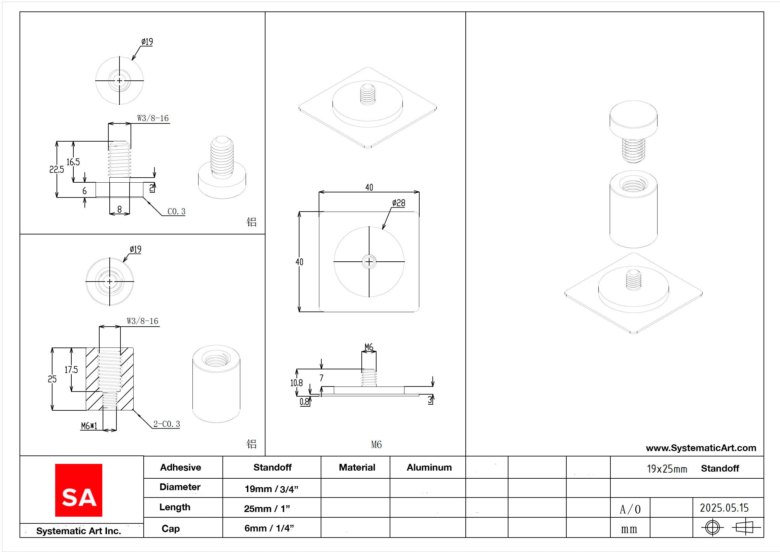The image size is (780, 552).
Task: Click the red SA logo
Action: (78, 490)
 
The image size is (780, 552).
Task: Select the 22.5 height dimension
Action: (57, 169)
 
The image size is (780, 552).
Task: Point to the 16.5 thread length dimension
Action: (73, 162)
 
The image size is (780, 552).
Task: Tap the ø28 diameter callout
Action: (398, 203)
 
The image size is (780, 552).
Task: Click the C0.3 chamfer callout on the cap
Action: (176, 212)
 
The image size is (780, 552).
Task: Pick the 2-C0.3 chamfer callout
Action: (166, 424)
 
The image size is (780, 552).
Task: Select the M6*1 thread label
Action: (89, 426)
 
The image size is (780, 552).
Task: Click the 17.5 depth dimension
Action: (71, 369)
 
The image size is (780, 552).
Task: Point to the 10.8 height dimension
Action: (296, 383)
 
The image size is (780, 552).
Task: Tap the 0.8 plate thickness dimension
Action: (304, 402)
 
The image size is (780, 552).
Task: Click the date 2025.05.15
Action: (724, 508)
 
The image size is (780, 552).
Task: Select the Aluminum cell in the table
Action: (429, 467)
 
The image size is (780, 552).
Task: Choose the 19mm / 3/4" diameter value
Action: (271, 489)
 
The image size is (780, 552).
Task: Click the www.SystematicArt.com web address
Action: (701, 448)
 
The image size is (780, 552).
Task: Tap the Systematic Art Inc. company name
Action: (78, 530)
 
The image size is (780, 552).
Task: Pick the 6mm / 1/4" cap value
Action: (269, 528)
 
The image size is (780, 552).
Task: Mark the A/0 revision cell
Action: (630, 509)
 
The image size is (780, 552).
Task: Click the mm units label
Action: (629, 529)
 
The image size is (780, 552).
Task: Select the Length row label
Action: (175, 507)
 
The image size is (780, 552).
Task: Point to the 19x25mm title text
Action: (667, 469)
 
